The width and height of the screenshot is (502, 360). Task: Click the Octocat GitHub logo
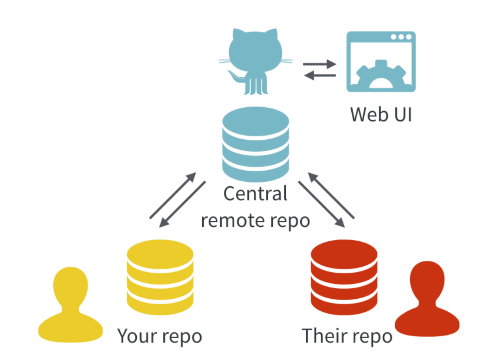[x=255, y=58]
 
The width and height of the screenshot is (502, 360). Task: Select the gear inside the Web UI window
[x=381, y=75]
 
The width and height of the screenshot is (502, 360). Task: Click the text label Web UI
[x=381, y=115]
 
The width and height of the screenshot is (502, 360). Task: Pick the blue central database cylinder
[x=256, y=144]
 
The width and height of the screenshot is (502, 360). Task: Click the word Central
[x=255, y=193]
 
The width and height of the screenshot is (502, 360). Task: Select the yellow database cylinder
[x=160, y=277]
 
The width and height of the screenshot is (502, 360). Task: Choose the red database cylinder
[x=344, y=277]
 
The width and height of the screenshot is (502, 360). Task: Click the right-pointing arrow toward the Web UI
[x=320, y=64]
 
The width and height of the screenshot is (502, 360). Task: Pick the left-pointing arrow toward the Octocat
[x=320, y=76]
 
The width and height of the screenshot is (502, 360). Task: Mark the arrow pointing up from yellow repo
[x=173, y=195]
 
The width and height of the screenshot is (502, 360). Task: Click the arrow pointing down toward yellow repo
[x=182, y=204]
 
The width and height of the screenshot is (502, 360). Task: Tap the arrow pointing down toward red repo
[x=322, y=204]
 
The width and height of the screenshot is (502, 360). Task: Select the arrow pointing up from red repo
[x=331, y=195]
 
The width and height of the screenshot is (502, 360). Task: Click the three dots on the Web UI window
[x=401, y=37]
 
